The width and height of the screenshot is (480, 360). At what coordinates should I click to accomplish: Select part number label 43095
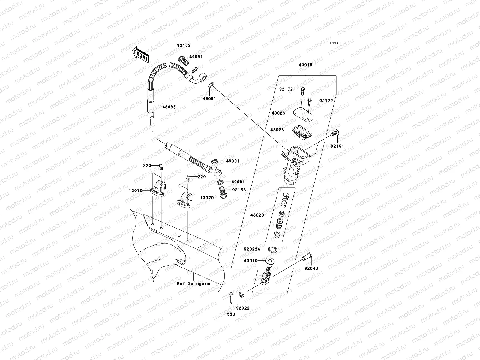pyautogui.click(x=169, y=107)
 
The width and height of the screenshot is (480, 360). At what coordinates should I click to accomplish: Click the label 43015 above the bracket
pyautogui.click(x=305, y=65)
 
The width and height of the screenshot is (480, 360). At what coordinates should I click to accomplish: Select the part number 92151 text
pyautogui.click(x=337, y=146)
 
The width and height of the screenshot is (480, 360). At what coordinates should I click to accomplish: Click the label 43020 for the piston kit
pyautogui.click(x=257, y=215)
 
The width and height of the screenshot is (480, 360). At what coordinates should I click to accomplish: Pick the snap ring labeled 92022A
pyautogui.click(x=274, y=249)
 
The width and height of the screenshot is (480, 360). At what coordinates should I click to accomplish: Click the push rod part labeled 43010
pyautogui.click(x=266, y=267)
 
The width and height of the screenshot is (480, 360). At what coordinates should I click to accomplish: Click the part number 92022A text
pyautogui.click(x=252, y=249)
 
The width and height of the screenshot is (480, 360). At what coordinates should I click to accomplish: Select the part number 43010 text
pyautogui.click(x=250, y=261)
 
